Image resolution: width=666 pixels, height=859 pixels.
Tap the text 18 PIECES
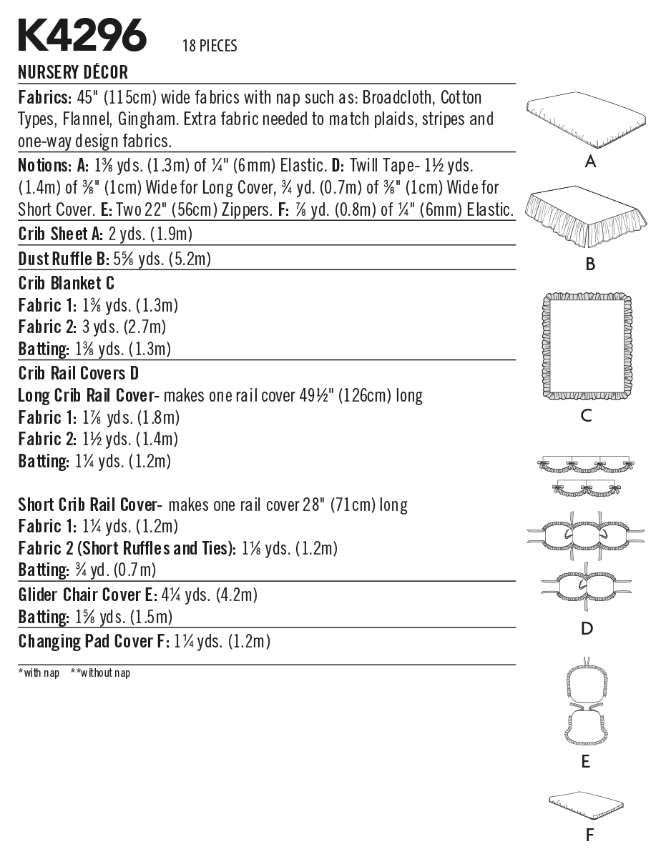(x=210, y=46)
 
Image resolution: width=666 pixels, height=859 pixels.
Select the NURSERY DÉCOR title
(x=73, y=72)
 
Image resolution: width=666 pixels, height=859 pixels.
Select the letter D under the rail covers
(x=587, y=629)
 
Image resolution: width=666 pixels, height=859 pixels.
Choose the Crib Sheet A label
(x=61, y=234)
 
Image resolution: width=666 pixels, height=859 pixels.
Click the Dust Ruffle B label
(x=64, y=259)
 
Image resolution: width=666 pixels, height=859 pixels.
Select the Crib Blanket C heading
(x=66, y=283)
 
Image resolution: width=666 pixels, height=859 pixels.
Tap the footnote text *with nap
(x=39, y=672)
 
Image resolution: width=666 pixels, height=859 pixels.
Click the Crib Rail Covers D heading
(x=79, y=373)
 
